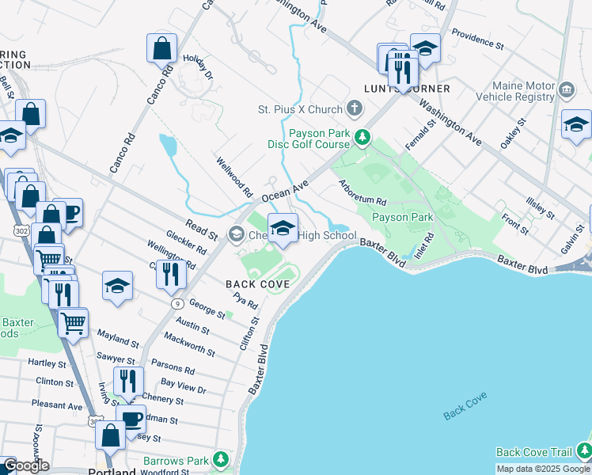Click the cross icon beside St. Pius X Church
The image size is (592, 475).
point(355,109)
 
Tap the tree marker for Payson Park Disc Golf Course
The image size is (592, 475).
point(362,139)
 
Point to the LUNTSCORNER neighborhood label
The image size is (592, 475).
point(407,89)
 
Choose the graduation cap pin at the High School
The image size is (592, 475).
point(283,229)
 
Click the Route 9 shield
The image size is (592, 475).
point(176,303)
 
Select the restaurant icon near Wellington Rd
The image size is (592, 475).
point(171,274)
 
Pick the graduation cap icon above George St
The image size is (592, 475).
point(117,286)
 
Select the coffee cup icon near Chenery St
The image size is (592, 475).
point(131,418)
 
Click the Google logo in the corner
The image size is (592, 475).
point(26,466)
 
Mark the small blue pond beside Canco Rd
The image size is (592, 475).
point(168,146)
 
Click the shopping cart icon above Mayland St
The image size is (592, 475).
point(73,321)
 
